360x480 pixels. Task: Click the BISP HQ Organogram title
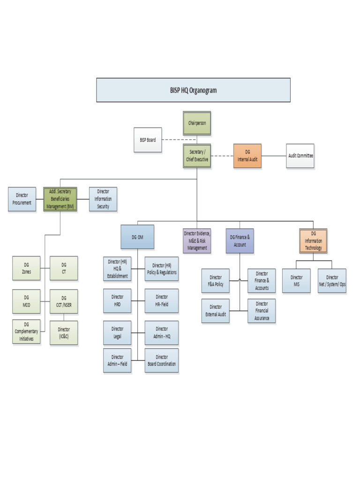tap(193, 90)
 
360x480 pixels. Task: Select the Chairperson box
tap(197, 123)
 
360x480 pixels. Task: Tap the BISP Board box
tap(148, 140)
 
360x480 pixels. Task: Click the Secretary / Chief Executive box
tap(197, 156)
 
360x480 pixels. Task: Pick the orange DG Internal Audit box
tap(247, 156)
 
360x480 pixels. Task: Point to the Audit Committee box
tap(300, 156)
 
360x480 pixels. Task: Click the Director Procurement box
tap(22, 199)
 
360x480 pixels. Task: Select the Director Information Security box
tap(103, 199)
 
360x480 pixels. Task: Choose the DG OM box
tap(137, 237)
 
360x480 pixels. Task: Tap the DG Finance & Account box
tap(240, 241)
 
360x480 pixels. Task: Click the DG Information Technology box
tap(313, 241)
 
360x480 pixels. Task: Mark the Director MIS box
tap(296, 281)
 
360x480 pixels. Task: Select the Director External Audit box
tap(216, 311)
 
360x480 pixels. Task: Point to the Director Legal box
tap(117, 333)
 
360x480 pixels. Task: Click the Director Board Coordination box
tap(162, 360)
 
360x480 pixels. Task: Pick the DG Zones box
tap(26, 268)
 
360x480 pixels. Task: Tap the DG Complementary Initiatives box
tap(26, 331)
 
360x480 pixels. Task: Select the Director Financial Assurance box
tap(262, 311)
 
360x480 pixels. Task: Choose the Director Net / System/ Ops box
tap(332, 281)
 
